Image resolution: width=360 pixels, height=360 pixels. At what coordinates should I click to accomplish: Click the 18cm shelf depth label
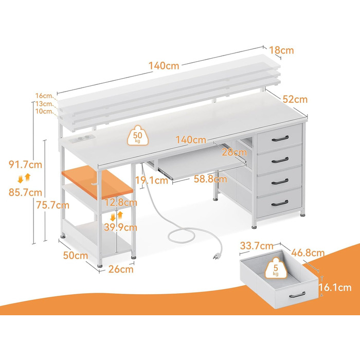click(x=281, y=50)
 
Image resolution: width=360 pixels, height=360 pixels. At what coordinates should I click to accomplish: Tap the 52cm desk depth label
click(x=295, y=99)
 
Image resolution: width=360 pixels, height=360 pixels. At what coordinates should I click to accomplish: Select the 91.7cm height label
click(x=25, y=165)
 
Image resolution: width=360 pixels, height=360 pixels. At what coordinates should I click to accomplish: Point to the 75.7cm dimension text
click(x=52, y=205)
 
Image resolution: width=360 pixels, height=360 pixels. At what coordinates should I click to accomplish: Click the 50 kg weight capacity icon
click(x=137, y=136)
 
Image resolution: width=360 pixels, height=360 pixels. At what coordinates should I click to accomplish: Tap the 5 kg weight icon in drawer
click(x=276, y=268)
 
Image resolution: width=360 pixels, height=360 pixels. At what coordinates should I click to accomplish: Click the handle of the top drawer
click(x=280, y=139)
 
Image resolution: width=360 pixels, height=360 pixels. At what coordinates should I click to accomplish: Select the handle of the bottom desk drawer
click(x=280, y=203)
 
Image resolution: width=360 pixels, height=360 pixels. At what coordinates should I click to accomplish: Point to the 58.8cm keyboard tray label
click(x=210, y=179)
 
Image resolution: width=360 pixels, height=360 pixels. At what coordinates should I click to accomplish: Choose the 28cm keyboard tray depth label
click(x=234, y=152)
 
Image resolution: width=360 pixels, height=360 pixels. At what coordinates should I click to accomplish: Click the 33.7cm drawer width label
click(x=257, y=246)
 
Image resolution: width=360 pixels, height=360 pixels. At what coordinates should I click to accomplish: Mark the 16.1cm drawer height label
click(x=335, y=287)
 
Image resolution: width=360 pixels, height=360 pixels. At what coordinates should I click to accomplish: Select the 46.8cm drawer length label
click(x=308, y=253)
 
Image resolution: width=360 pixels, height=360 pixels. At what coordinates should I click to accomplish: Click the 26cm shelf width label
click(x=121, y=269)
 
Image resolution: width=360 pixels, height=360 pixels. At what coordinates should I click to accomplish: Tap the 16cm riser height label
click(x=44, y=96)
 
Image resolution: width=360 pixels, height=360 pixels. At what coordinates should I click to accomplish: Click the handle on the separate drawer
click(x=297, y=295)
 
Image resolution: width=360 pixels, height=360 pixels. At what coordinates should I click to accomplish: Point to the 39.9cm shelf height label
click(x=120, y=227)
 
